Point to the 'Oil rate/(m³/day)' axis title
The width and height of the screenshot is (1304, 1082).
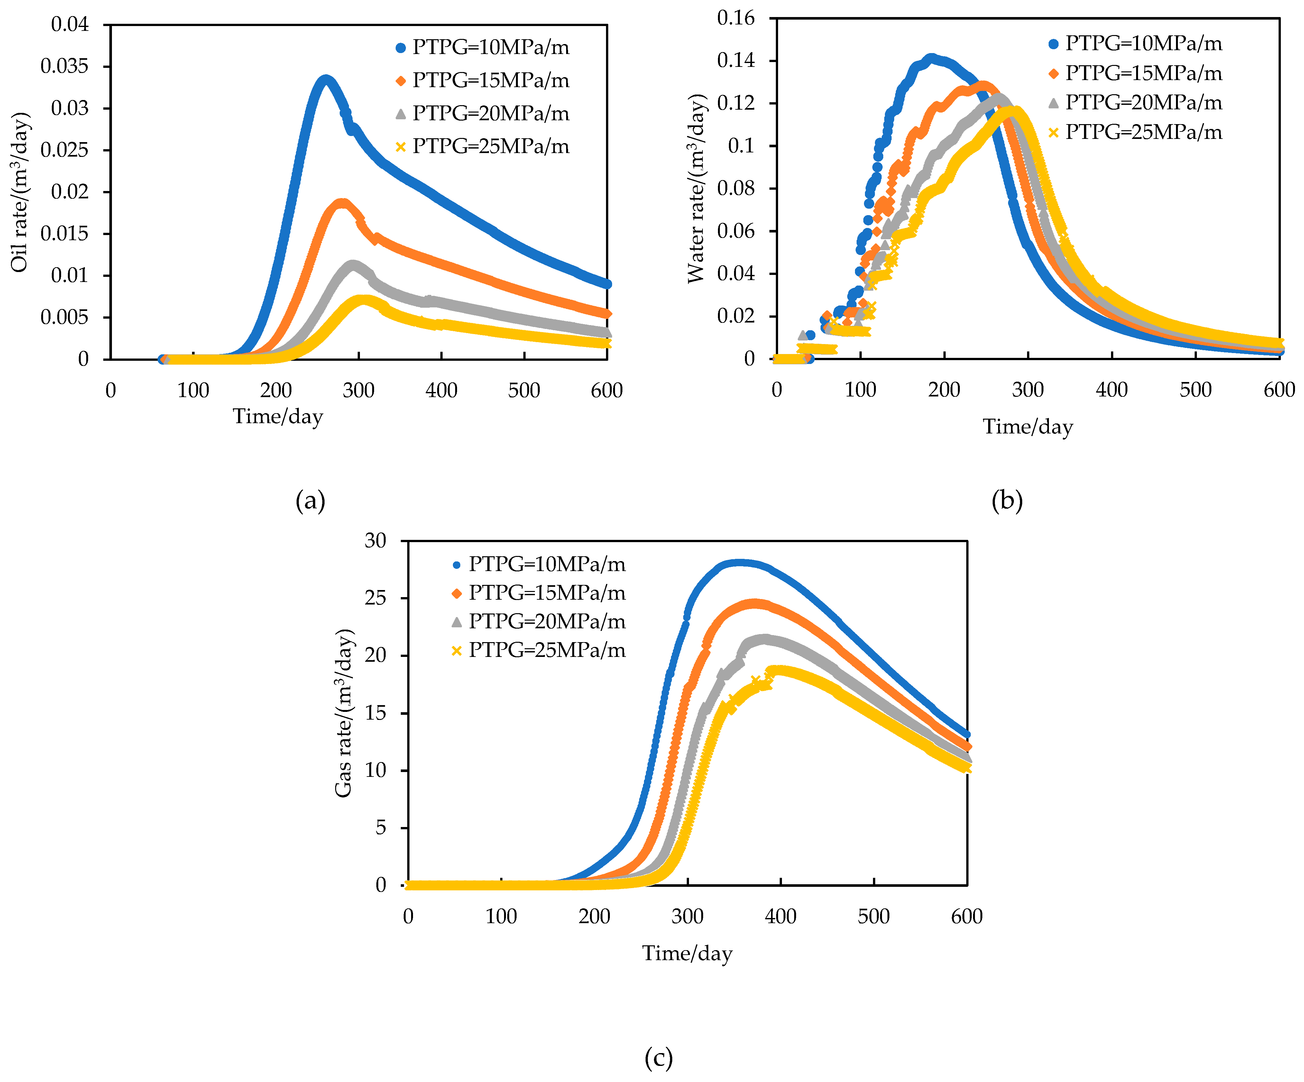(20, 192)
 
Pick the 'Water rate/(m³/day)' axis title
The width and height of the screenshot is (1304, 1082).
(697, 189)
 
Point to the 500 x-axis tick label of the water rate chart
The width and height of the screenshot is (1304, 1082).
(1195, 390)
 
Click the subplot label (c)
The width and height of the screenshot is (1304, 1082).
(658, 1057)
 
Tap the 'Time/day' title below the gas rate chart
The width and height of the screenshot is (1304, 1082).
(687, 953)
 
